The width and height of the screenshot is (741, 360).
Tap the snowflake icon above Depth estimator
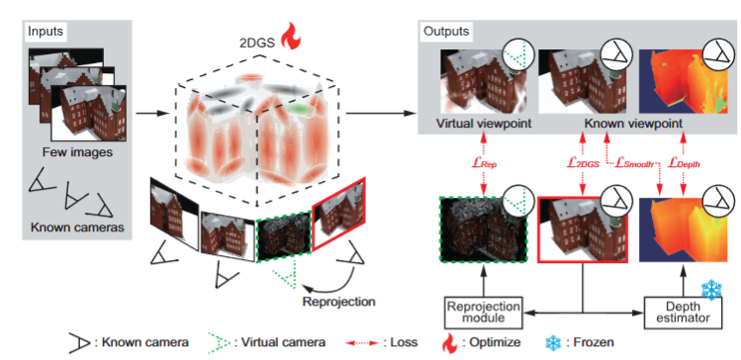[711, 291]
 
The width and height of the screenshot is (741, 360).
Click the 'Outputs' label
[447, 32]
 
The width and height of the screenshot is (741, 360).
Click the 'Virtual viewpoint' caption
[483, 126]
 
